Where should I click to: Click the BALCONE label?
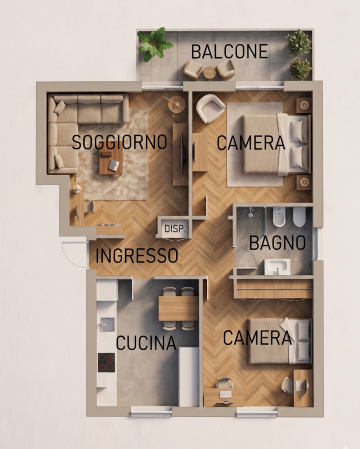click(229, 52)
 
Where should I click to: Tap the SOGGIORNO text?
click(119, 142)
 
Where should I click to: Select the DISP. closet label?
click(175, 229)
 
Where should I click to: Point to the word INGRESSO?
click(137, 255)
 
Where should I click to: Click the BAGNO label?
click(278, 243)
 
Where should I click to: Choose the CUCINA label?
click(146, 343)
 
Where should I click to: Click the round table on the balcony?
click(209, 72)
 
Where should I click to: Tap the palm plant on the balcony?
click(155, 44)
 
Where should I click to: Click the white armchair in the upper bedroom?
click(210, 108)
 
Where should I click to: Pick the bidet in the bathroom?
click(278, 217)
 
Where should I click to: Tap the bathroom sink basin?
click(277, 267)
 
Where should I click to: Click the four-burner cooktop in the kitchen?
click(107, 363)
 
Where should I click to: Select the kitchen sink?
click(107, 325)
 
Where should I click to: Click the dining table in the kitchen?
click(178, 308)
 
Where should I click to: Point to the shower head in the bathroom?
click(251, 213)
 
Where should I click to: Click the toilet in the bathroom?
click(299, 217)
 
